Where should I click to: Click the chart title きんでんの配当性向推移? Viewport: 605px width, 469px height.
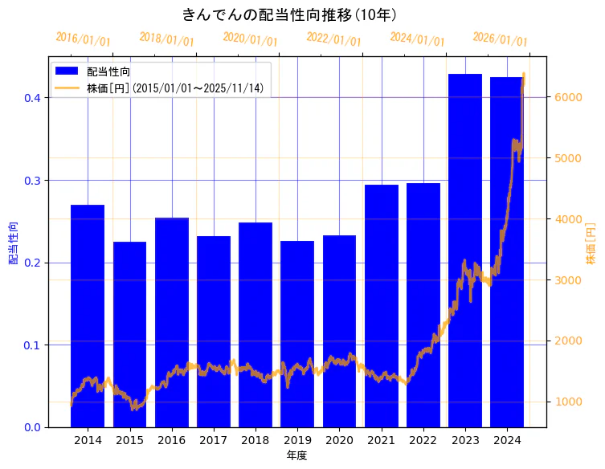289,14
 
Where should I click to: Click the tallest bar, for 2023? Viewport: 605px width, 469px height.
465,250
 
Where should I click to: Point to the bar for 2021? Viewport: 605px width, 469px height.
382,305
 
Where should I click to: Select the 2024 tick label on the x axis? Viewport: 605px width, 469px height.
507,440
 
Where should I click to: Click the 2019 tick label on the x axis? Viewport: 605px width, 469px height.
297,440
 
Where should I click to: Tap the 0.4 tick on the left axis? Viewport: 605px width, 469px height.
32,98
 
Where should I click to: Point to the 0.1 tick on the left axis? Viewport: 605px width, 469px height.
32,345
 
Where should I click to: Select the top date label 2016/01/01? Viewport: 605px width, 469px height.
84,39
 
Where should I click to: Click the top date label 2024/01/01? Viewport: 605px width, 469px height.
417,39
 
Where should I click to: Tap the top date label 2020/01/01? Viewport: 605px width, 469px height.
250,39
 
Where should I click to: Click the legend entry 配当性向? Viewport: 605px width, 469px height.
108,72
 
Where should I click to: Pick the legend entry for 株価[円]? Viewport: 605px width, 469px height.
175,88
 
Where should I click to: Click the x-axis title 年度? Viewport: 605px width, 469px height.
297,455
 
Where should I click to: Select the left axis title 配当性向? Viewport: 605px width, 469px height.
14,243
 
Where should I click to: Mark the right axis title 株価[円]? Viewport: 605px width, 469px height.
591,243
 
